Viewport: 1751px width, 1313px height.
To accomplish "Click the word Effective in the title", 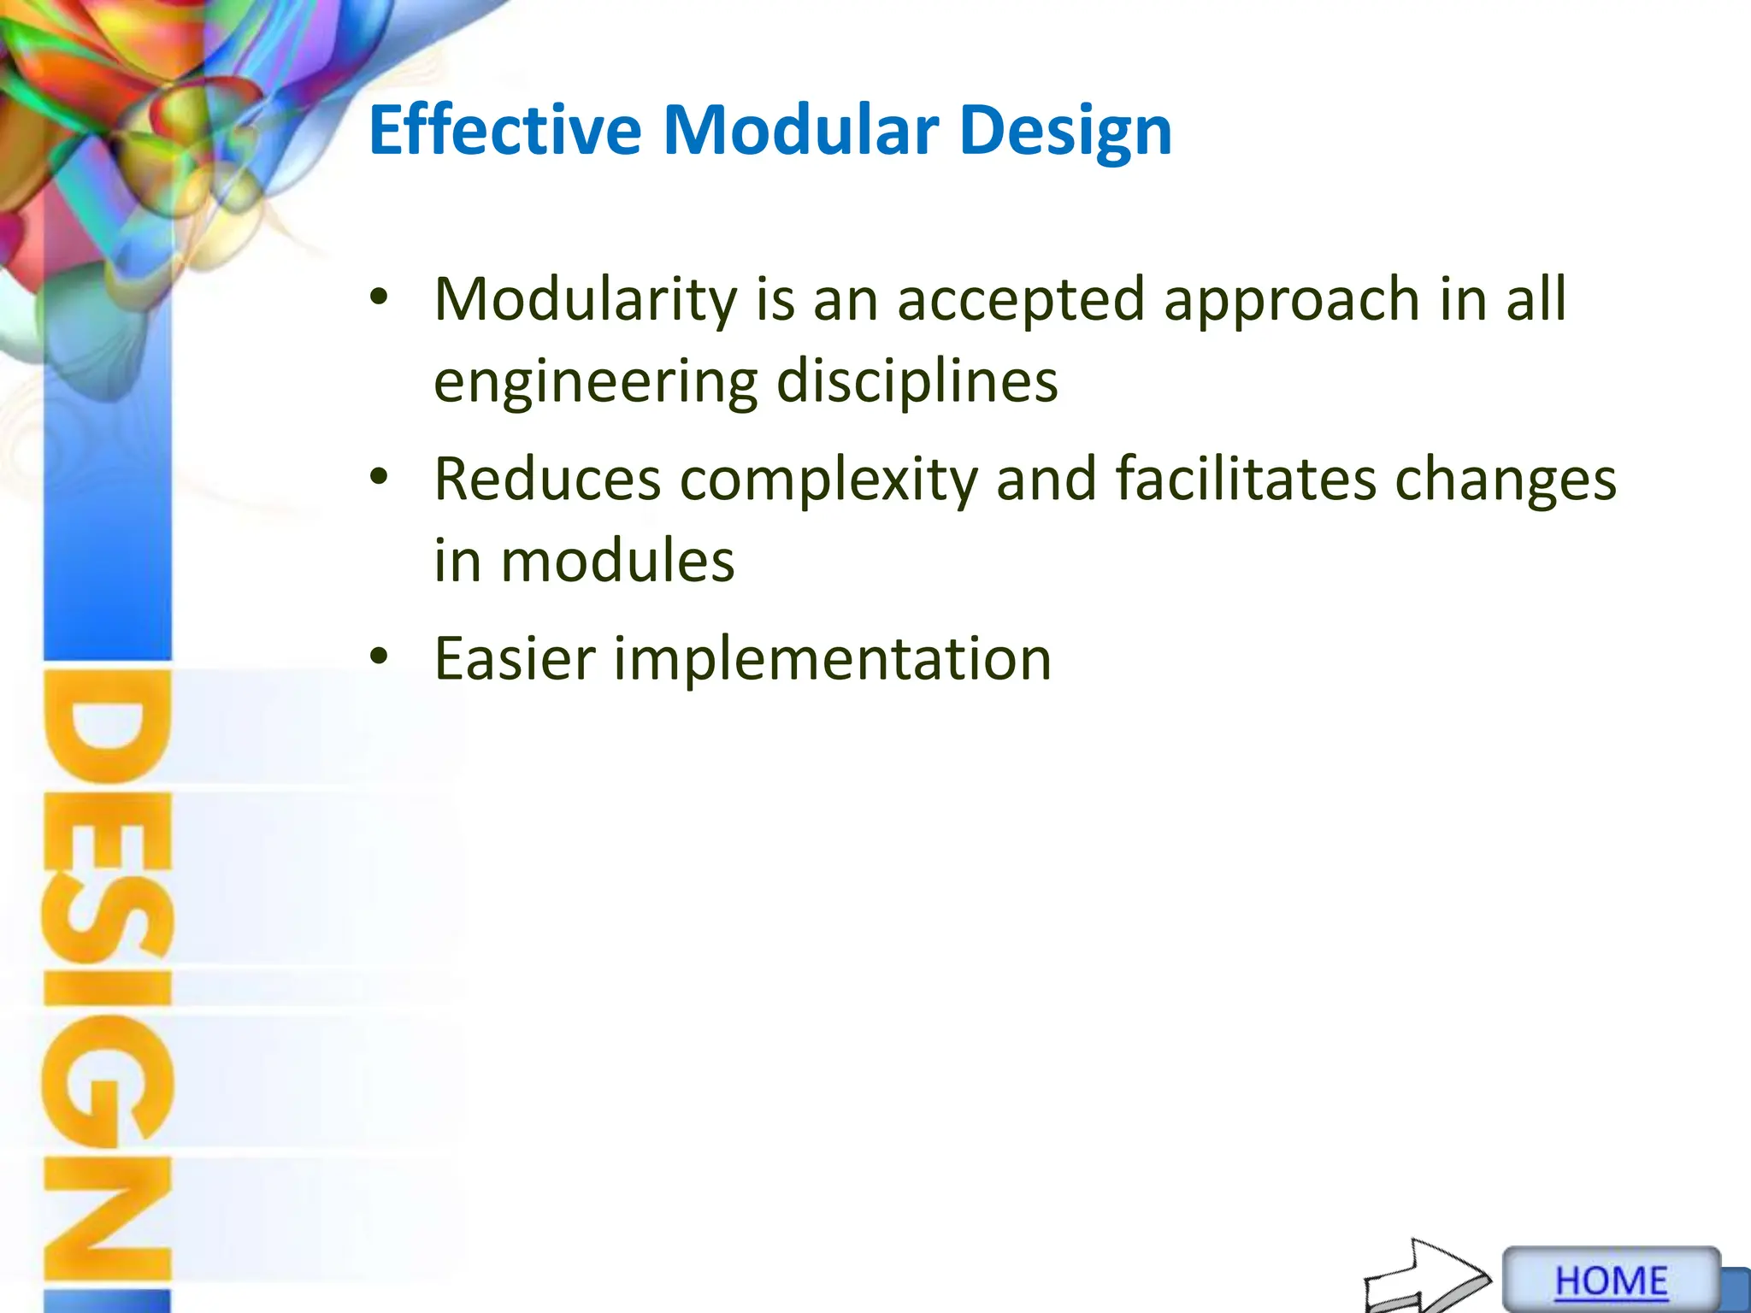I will pos(504,131).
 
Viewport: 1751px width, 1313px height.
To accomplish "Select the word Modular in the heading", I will pos(800,131).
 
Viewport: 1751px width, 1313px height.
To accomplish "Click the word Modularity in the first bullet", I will pos(586,300).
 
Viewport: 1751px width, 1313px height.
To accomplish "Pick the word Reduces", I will pos(547,479).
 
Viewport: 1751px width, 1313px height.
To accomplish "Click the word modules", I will pos(617,561).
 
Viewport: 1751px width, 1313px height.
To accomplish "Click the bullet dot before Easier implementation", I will pos(379,656).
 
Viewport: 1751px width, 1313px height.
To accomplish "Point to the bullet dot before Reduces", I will pos(379,477).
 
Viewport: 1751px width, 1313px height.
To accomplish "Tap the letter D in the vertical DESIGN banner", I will pos(108,727).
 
